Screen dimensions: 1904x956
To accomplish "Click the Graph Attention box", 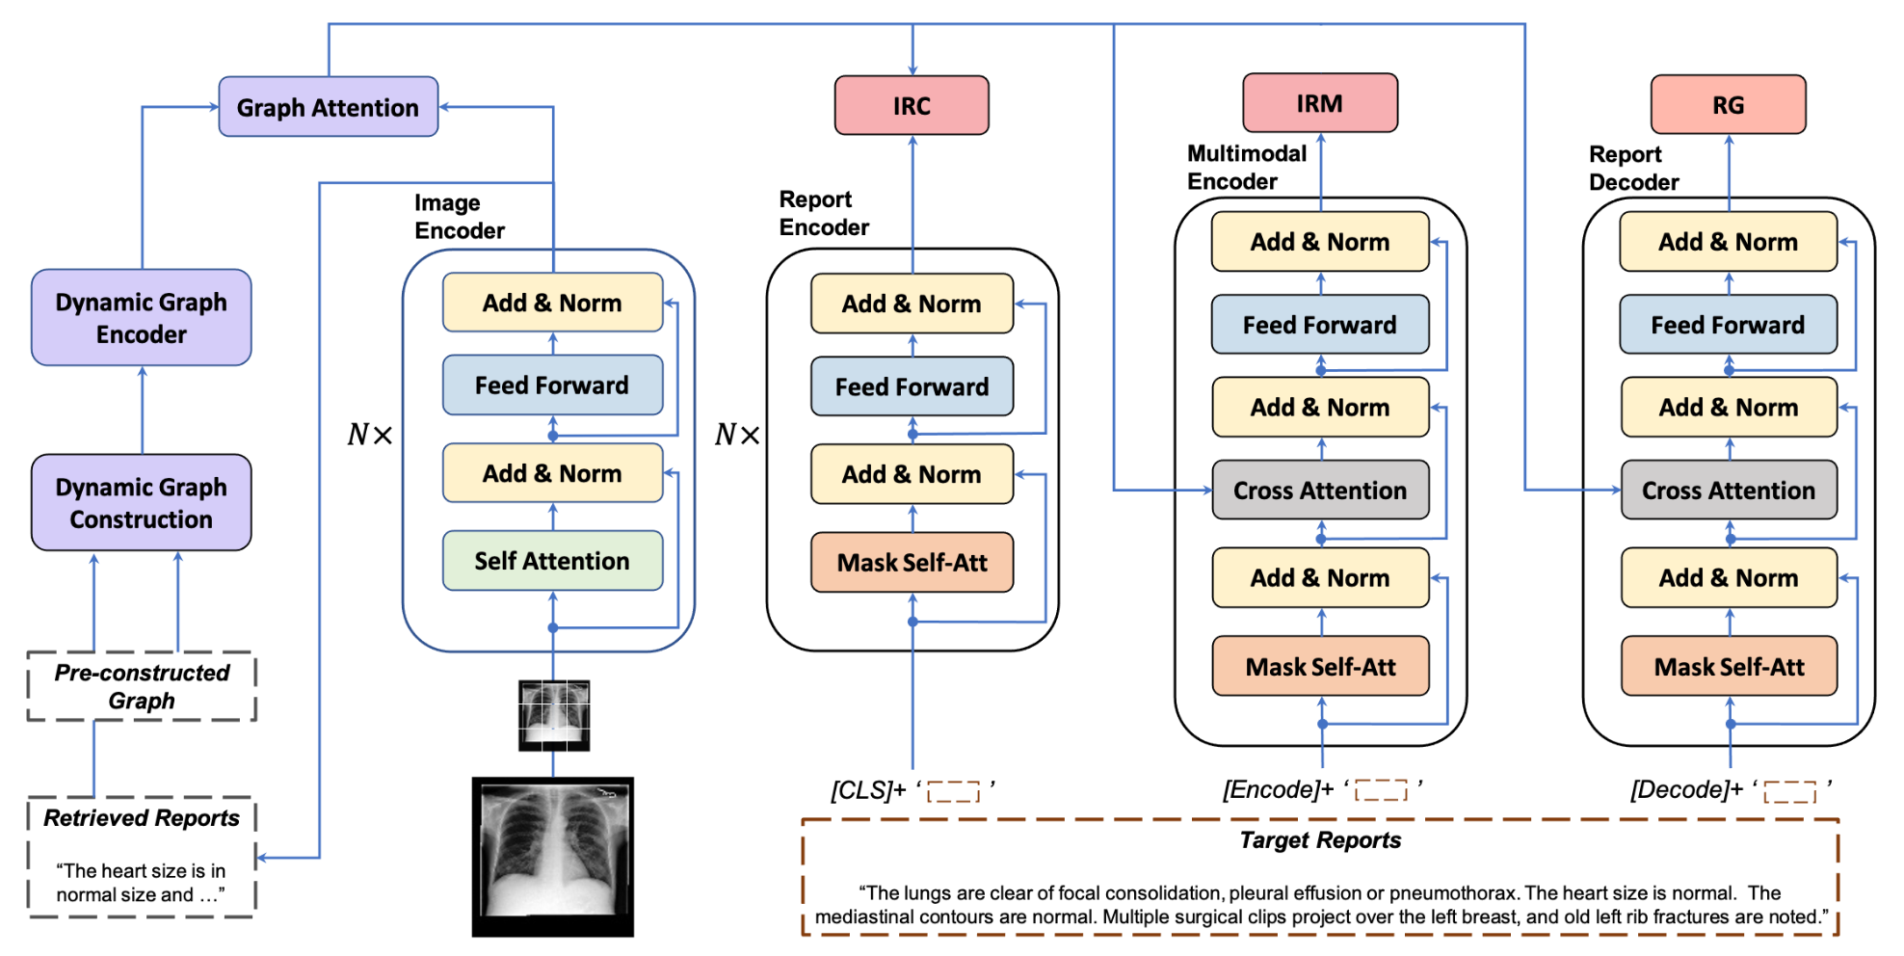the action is click(329, 107).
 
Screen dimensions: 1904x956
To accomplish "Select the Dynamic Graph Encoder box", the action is click(142, 317).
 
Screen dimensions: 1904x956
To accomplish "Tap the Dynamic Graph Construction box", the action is click(142, 502).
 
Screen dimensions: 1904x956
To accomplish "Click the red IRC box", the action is click(912, 105).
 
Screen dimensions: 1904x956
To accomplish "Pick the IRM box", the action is click(1320, 102).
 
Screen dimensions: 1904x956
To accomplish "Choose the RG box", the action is click(1729, 104).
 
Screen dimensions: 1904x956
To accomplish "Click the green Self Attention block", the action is click(552, 561).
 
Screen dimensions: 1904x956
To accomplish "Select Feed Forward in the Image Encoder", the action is click(552, 385).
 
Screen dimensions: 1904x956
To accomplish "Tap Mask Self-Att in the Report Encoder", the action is click(912, 562).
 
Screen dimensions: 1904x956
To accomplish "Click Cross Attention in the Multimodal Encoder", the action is click(1320, 490).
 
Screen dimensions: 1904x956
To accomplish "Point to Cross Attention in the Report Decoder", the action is click(1729, 490).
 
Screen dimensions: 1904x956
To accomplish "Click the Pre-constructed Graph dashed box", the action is click(142, 686).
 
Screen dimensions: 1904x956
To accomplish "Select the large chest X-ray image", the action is click(553, 857).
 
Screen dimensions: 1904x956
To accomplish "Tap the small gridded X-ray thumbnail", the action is click(554, 716).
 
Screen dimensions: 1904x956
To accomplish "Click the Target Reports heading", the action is click(1320, 840).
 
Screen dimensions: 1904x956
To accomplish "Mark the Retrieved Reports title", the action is click(142, 818).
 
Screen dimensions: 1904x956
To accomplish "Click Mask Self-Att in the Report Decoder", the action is click(1730, 666).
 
